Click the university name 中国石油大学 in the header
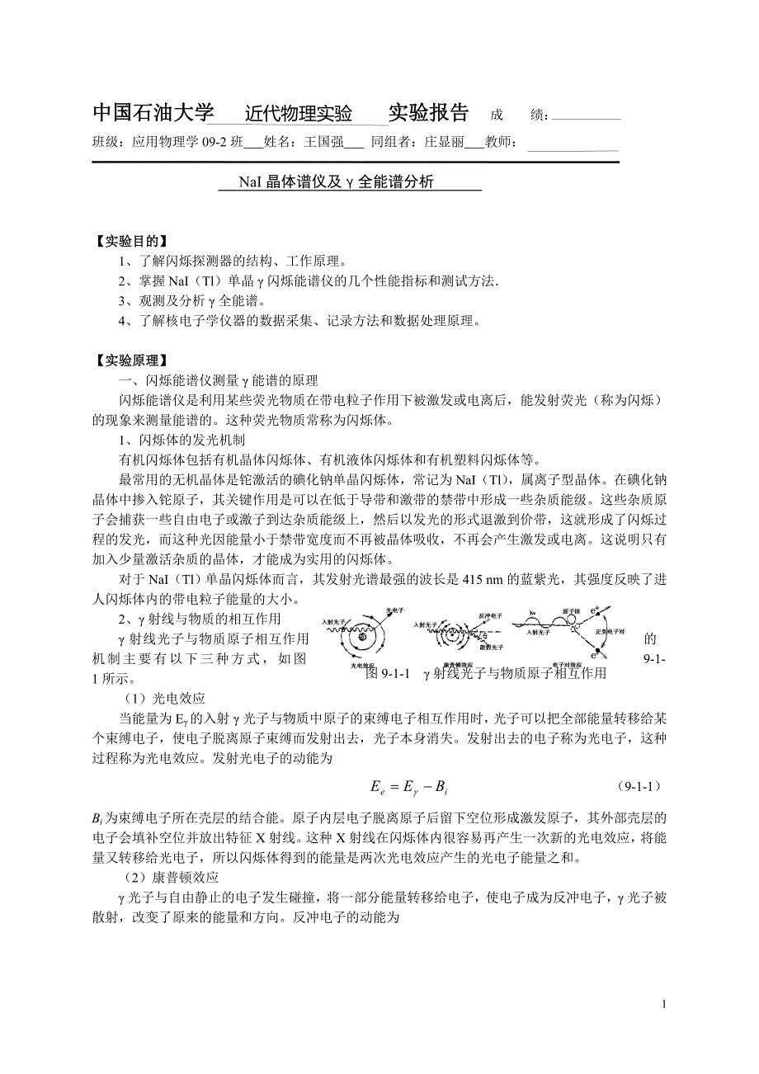153,113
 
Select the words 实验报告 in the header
428,113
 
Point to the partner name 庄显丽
444,142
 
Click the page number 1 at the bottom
663,1004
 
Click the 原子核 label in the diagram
571,613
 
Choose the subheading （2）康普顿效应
168,874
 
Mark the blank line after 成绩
585,117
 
